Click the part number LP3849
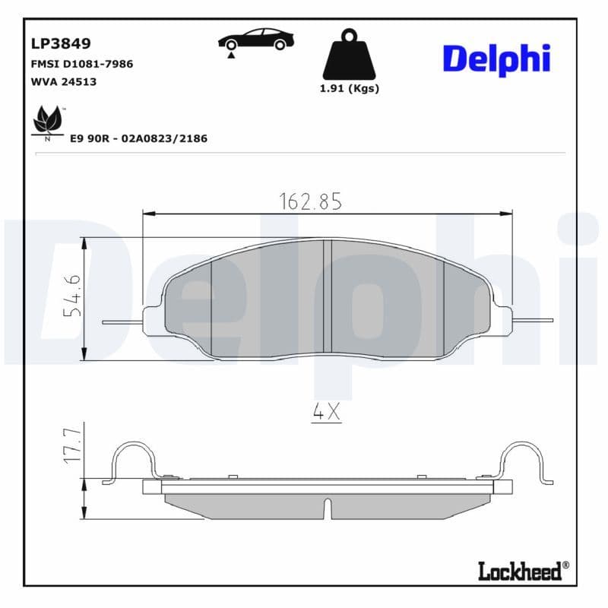point(55,44)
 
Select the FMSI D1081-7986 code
point(81,64)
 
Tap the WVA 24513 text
point(63,81)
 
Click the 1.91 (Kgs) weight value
point(349,88)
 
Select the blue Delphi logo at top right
point(496,58)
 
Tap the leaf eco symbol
point(47,122)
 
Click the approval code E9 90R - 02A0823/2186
point(138,139)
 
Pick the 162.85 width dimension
point(311,201)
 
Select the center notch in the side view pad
point(328,507)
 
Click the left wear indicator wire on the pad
point(122,321)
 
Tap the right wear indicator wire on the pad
point(532,318)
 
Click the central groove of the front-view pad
point(328,296)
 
